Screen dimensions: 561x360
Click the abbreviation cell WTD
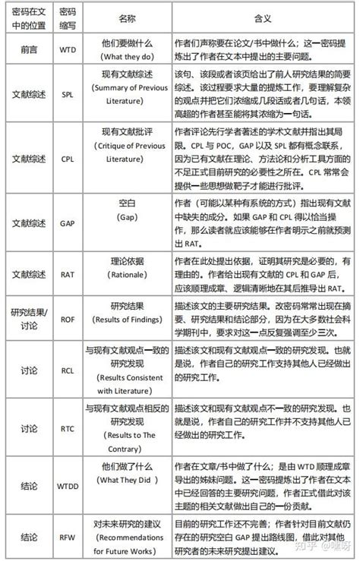tap(67, 50)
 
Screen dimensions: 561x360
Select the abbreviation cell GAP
tap(67, 223)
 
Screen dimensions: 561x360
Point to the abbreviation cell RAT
tap(67, 271)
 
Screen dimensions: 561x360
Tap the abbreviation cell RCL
tap(67, 371)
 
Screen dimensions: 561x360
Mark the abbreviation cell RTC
tap(67, 428)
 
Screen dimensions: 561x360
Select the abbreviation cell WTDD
tap(67, 484)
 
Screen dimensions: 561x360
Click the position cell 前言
tap(27, 50)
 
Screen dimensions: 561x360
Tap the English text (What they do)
tap(127, 57)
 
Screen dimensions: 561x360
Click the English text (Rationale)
tap(127, 278)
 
